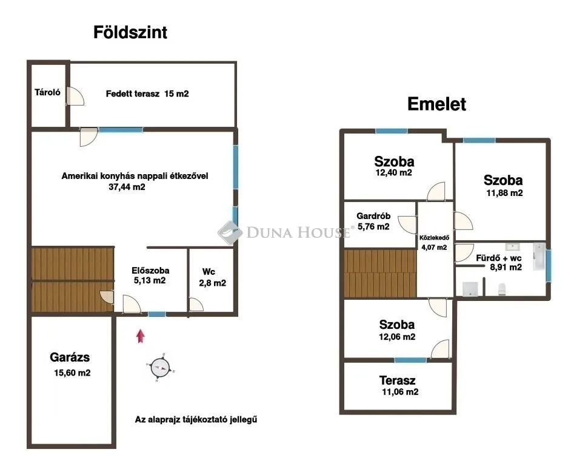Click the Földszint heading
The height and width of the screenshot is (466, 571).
pyautogui.click(x=130, y=33)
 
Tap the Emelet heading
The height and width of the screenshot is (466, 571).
pyautogui.click(x=436, y=104)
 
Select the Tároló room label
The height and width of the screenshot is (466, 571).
pyautogui.click(x=47, y=93)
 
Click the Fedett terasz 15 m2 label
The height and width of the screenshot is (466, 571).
pyautogui.click(x=147, y=94)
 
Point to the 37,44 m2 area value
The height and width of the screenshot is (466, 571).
pyautogui.click(x=127, y=187)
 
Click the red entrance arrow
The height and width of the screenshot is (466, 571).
pyautogui.click(x=141, y=336)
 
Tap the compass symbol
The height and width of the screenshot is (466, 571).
pyautogui.click(x=160, y=366)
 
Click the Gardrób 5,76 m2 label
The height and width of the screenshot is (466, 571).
pyautogui.click(x=373, y=221)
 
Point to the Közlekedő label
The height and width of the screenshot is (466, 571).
pyautogui.click(x=433, y=238)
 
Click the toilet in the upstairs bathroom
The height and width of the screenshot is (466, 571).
pyautogui.click(x=503, y=289)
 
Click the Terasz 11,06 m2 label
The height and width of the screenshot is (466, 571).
pyautogui.click(x=398, y=386)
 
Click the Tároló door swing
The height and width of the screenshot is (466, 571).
pyautogui.click(x=75, y=96)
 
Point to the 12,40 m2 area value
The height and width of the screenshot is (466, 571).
pyautogui.click(x=394, y=173)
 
